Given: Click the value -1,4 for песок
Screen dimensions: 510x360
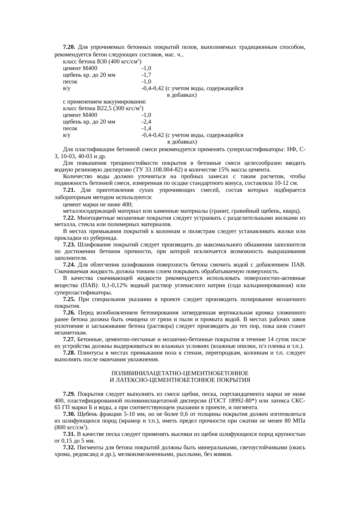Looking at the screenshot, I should click(146, 128).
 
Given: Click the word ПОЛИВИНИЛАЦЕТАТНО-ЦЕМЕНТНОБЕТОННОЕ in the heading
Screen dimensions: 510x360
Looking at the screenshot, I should click(180, 373).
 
